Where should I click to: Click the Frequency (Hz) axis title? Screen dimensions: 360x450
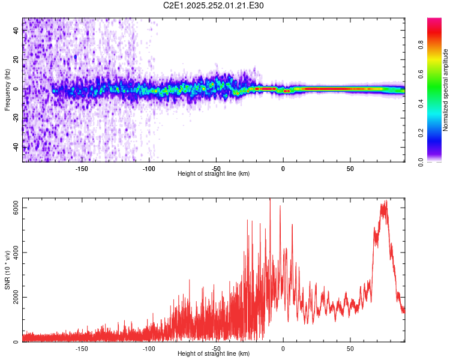tap(7, 89)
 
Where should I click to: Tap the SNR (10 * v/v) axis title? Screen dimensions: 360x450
tap(7, 270)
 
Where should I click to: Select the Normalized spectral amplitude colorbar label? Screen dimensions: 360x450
tap(446, 90)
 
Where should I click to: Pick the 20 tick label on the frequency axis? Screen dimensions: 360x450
tap(16, 59)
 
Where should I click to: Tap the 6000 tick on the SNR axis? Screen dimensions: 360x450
tap(16, 207)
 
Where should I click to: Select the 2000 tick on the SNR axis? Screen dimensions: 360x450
tap(16, 297)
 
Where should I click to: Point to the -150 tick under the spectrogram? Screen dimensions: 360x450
tap(82, 168)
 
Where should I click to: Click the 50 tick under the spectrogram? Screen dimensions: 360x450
tap(350, 168)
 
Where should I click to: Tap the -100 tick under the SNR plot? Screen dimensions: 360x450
tap(149, 348)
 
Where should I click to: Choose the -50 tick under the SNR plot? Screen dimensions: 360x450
tap(216, 348)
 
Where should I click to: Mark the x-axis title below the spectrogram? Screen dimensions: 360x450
tap(214, 174)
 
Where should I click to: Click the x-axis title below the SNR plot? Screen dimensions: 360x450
tap(214, 354)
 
